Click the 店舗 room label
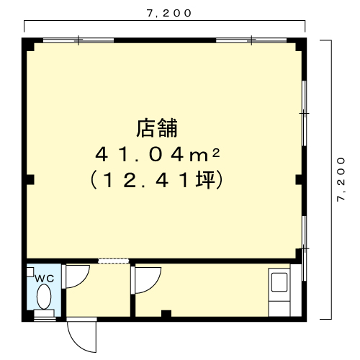tap(157, 128)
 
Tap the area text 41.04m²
tap(158, 155)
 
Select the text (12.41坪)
tap(156, 180)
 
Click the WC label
tap(45, 279)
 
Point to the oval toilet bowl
tap(44, 297)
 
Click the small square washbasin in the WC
tap(30, 272)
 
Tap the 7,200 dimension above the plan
tap(169, 14)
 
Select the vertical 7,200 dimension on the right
tap(341, 179)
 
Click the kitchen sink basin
tap(279, 282)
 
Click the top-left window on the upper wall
tap(78, 40)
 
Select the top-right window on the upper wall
tap(251, 40)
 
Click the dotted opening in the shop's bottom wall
tap(114, 261)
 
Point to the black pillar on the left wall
tap(30, 180)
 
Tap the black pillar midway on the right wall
tap(299, 180)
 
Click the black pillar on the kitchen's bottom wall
tap(166, 313)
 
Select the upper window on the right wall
tap(304, 113)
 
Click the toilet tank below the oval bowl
tap(44, 313)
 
